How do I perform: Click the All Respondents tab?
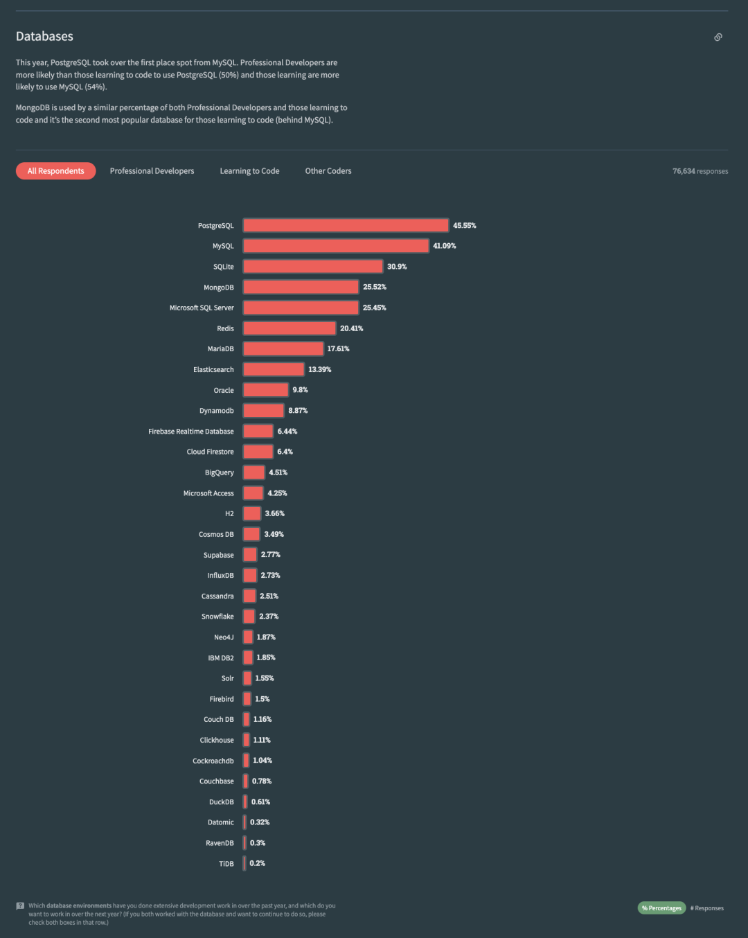click(55, 171)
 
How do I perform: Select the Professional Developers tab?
click(152, 171)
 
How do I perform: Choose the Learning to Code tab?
click(249, 171)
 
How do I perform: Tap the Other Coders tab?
click(328, 171)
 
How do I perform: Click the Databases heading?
click(44, 37)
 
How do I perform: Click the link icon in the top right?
click(718, 37)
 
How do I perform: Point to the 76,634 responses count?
click(700, 171)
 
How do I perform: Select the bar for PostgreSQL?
click(346, 226)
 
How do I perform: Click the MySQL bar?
click(336, 246)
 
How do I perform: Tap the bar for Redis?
click(290, 328)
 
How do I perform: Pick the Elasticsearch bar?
click(274, 369)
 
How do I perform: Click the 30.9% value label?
click(397, 267)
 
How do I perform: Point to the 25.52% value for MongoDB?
click(375, 287)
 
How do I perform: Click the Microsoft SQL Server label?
click(202, 308)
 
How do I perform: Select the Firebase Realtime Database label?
click(191, 432)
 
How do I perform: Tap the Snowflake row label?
click(217, 617)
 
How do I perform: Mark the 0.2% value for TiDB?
click(258, 864)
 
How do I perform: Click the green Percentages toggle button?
click(661, 908)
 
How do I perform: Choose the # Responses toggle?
click(707, 908)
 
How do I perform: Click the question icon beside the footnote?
click(20, 905)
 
